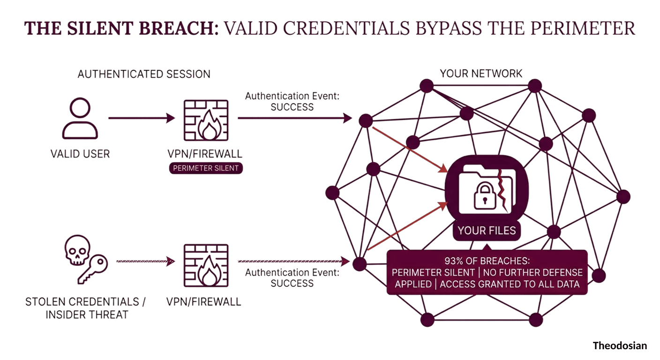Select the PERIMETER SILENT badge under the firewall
pos(206,168)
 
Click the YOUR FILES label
pos(487,230)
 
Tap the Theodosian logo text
pos(620,346)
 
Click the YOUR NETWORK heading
pos(481,74)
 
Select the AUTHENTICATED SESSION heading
pos(144,74)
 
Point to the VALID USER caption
pos(80,154)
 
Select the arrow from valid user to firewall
pos(141,118)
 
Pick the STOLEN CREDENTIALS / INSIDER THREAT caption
pos(85,307)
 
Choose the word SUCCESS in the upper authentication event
pos(292,107)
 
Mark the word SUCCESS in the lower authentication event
pos(292,283)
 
